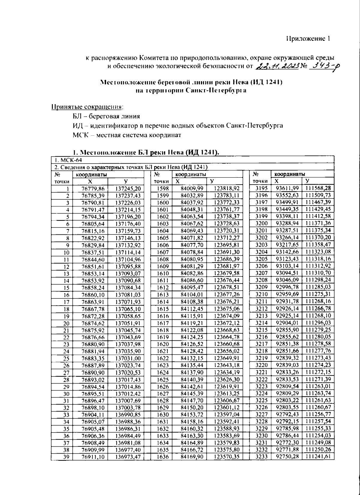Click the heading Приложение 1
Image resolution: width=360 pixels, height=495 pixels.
pos(308,38)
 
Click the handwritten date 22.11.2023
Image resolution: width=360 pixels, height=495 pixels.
pos(278,66)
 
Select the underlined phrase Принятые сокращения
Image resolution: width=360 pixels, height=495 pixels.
pos(87,107)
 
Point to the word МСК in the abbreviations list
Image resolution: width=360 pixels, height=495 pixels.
pos(80,135)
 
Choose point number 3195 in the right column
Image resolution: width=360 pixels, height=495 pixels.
pos(261,188)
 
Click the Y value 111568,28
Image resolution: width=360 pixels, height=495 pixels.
pos(318,188)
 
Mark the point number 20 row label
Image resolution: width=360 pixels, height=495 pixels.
pos(66,323)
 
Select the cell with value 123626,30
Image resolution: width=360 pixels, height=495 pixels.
pos(226,379)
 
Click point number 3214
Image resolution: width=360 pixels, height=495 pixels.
pos(261,323)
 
